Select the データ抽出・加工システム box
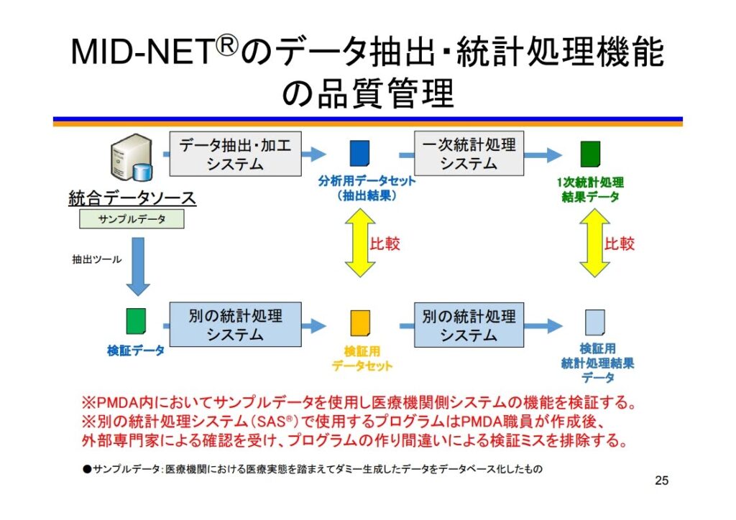click(x=235, y=154)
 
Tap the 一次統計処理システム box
click(x=469, y=154)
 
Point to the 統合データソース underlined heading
click(x=132, y=198)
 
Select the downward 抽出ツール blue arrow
click(x=138, y=266)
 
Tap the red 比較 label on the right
click(x=620, y=243)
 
